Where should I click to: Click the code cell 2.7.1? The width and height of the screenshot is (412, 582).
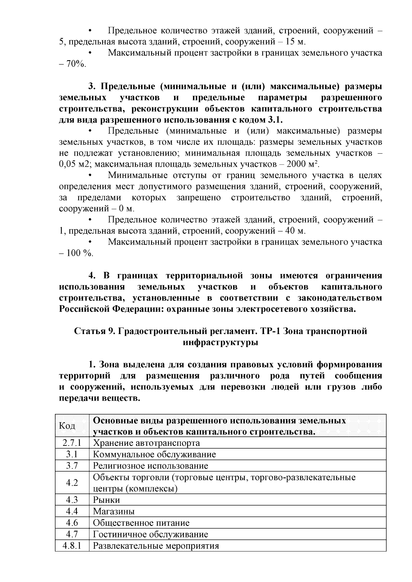click(72, 443)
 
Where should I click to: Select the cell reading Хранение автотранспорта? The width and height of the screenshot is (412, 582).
click(146, 443)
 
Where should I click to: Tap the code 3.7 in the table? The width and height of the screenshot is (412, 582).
click(72, 466)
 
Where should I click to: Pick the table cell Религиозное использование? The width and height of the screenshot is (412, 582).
click(150, 466)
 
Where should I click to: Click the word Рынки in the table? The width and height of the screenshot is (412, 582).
click(106, 500)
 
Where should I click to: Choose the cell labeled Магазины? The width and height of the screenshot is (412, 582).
click(114, 511)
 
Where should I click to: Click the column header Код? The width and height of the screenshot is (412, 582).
click(67, 426)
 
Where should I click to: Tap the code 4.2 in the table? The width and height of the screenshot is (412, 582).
click(72, 483)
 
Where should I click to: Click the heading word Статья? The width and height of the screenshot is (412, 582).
click(91, 331)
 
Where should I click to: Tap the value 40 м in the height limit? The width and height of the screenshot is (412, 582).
click(296, 231)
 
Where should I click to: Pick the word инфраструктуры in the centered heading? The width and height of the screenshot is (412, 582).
click(220, 342)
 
